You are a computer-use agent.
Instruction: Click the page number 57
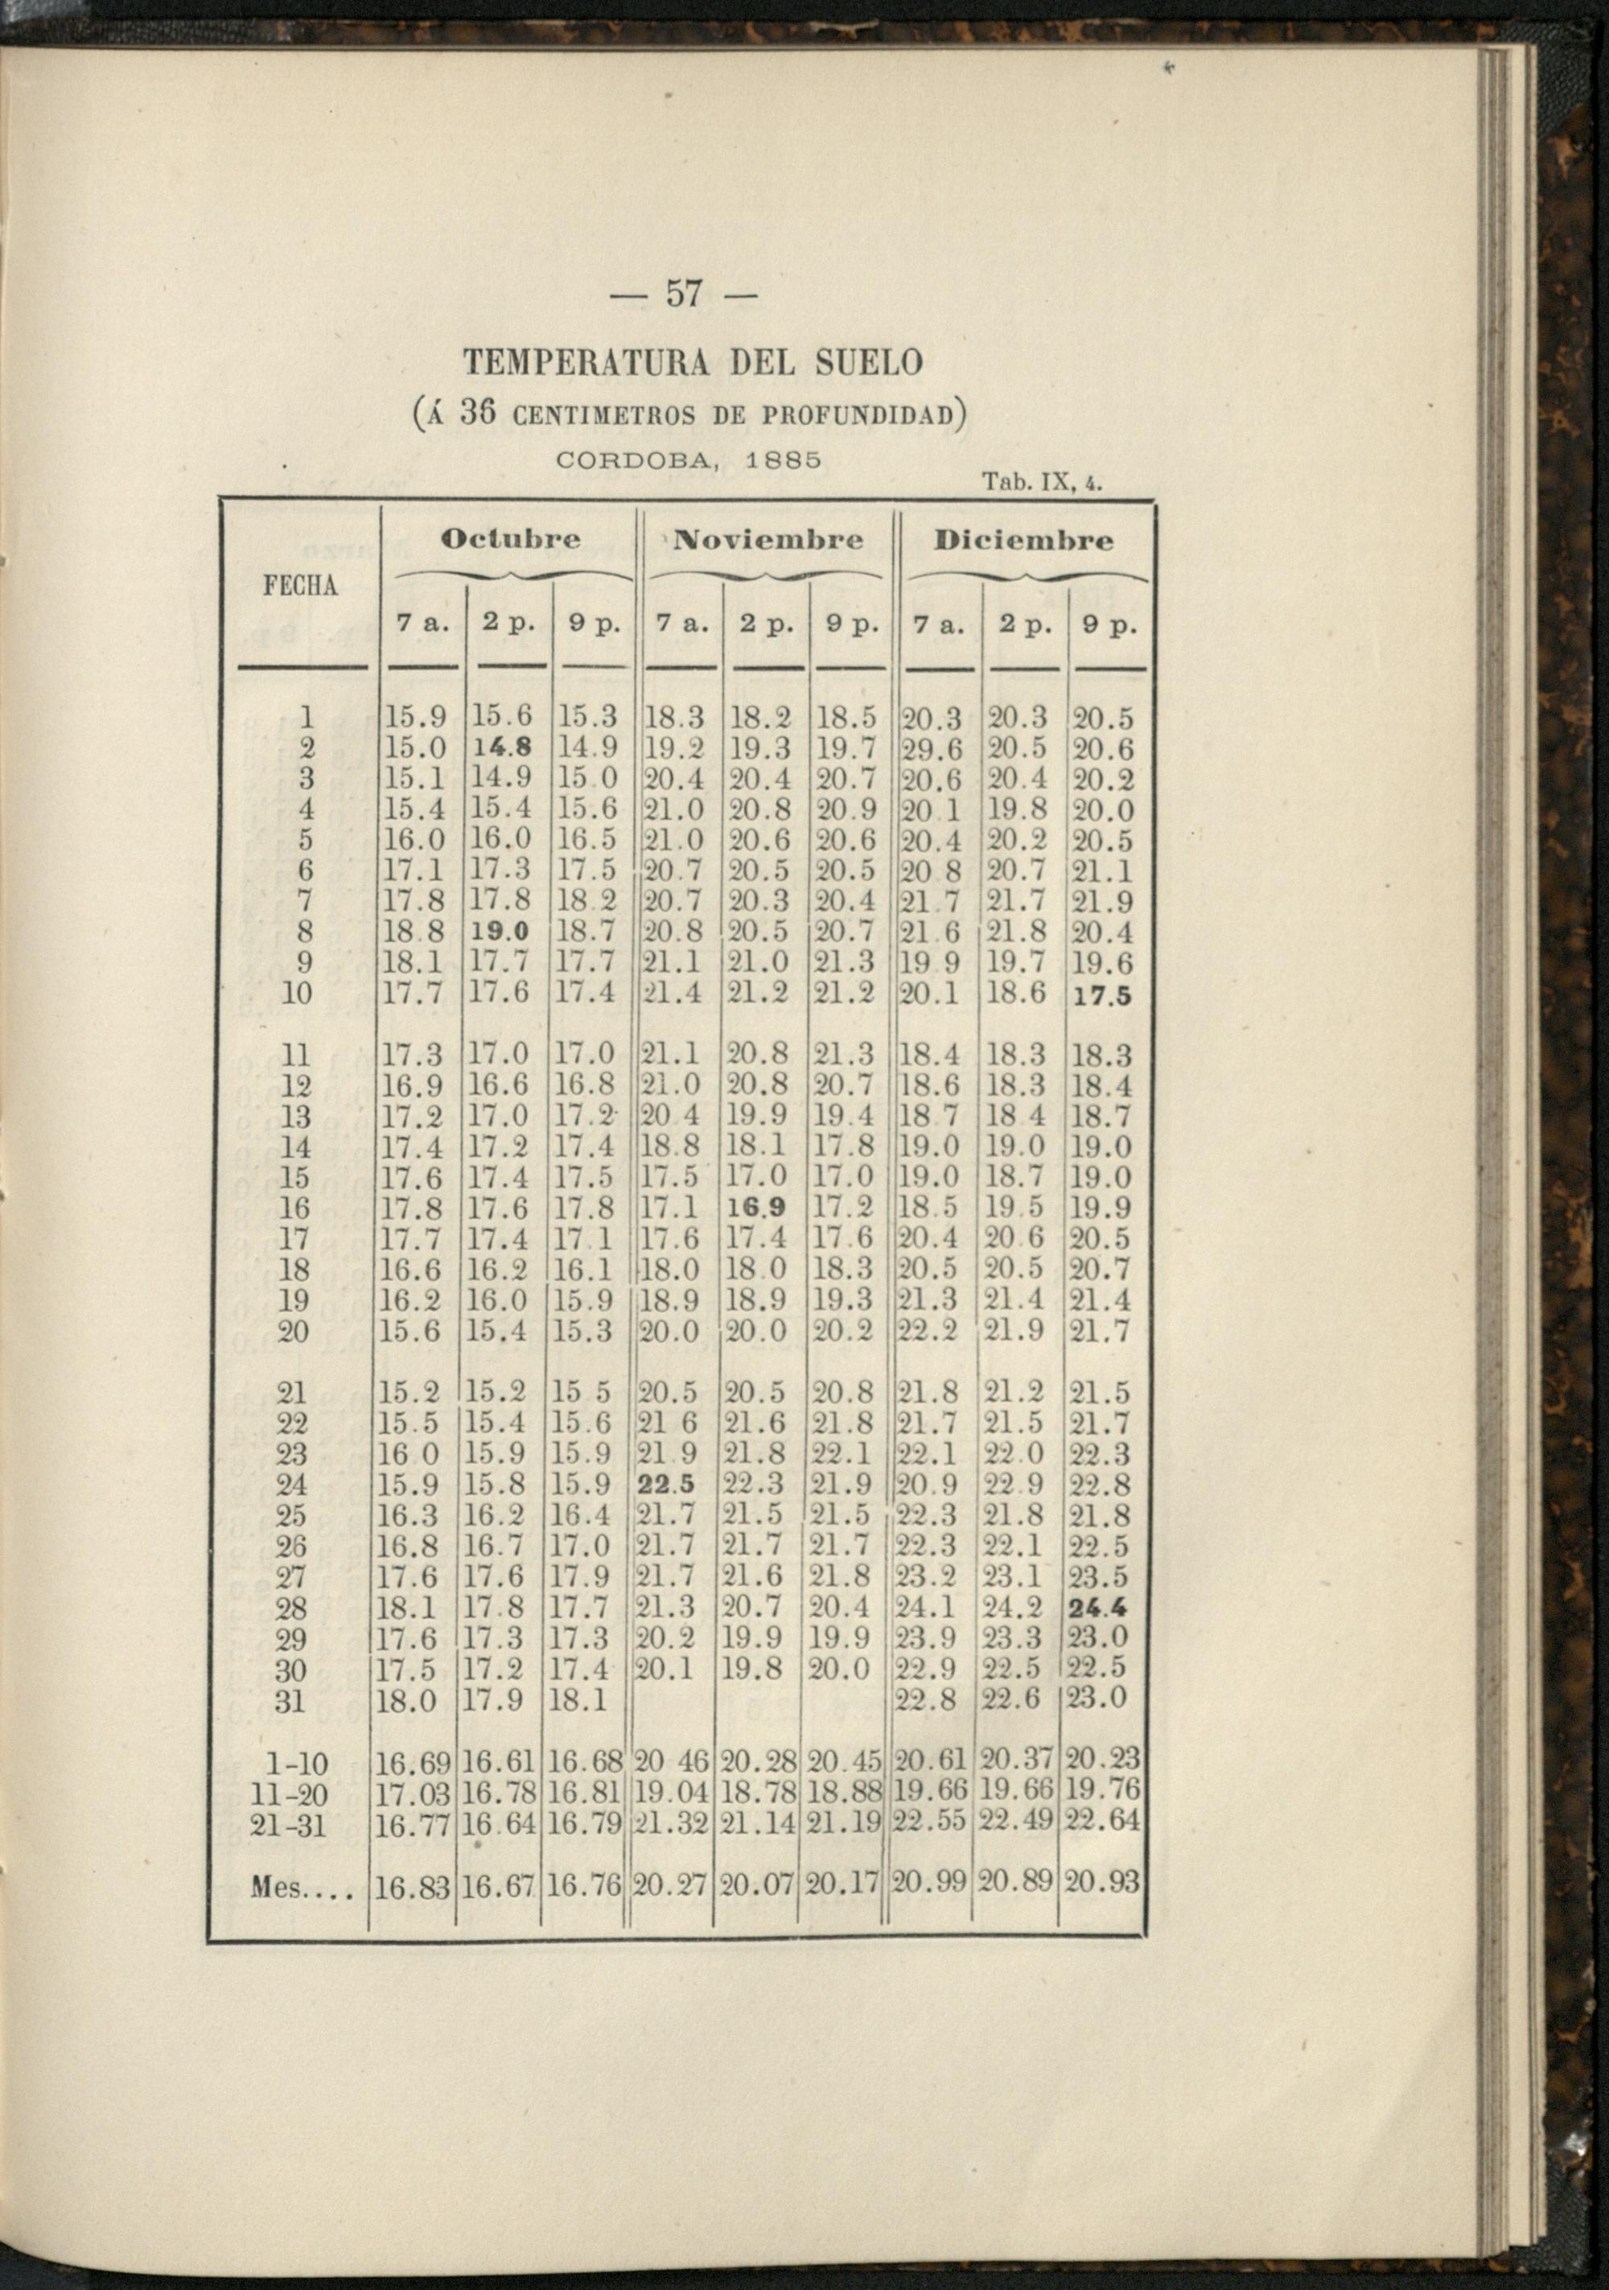(682, 296)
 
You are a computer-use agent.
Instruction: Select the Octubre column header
(511, 541)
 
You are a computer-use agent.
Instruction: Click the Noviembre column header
(768, 541)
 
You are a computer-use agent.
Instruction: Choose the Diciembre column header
(1023, 541)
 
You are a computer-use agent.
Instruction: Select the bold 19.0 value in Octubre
(503, 932)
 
